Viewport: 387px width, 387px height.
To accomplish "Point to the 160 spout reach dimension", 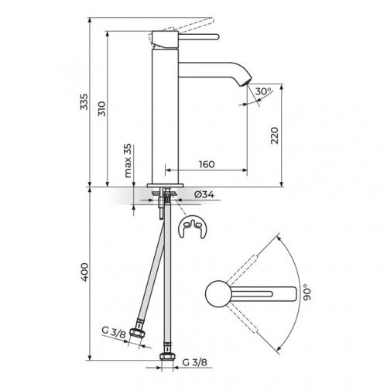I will (x=206, y=164).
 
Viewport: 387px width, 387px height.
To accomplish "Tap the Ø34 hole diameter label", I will (x=198, y=193).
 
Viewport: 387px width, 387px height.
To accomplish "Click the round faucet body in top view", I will (x=217, y=294).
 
